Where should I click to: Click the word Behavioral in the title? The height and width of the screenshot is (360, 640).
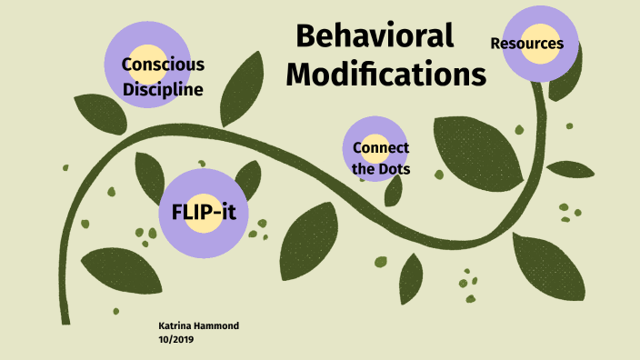[x=375, y=36]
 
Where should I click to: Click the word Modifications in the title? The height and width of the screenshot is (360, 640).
[x=385, y=75]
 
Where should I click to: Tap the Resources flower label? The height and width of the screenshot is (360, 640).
[x=526, y=44]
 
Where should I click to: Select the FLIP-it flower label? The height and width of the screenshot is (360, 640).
[x=204, y=212]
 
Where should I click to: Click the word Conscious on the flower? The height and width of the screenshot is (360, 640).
[x=163, y=65]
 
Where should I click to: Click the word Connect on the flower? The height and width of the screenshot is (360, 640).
[x=380, y=148]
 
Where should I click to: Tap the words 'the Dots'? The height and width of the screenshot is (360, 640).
[x=380, y=169]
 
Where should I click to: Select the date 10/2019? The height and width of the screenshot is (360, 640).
[x=177, y=340]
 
